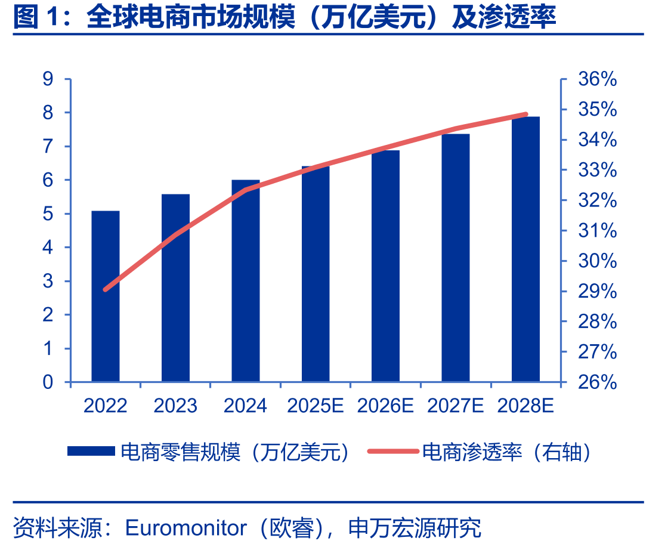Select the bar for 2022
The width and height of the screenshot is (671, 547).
point(105,296)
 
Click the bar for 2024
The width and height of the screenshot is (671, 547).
point(246,281)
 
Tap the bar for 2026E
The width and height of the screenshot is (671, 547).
point(385,266)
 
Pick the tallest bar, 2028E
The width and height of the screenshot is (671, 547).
point(525,249)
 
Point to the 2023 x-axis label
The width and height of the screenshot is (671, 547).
point(175,406)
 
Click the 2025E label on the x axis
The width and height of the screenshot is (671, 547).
point(316,406)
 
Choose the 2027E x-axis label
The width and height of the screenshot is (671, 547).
point(455,406)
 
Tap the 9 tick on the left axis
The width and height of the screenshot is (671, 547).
point(48,79)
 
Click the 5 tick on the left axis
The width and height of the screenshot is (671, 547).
point(48,214)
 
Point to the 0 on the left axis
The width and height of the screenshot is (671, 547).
point(48,382)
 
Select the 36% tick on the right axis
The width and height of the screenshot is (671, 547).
point(598,79)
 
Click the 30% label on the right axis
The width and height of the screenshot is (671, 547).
point(598,261)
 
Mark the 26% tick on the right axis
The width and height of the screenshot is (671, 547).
point(598,382)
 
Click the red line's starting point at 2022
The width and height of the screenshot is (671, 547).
point(105,290)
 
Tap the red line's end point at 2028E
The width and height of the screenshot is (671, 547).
point(526,115)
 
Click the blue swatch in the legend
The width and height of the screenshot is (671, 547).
point(91,451)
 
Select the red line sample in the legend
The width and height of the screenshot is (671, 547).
point(393,451)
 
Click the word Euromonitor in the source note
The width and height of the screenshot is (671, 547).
point(185,528)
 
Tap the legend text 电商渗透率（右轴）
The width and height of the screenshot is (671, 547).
point(507,452)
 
